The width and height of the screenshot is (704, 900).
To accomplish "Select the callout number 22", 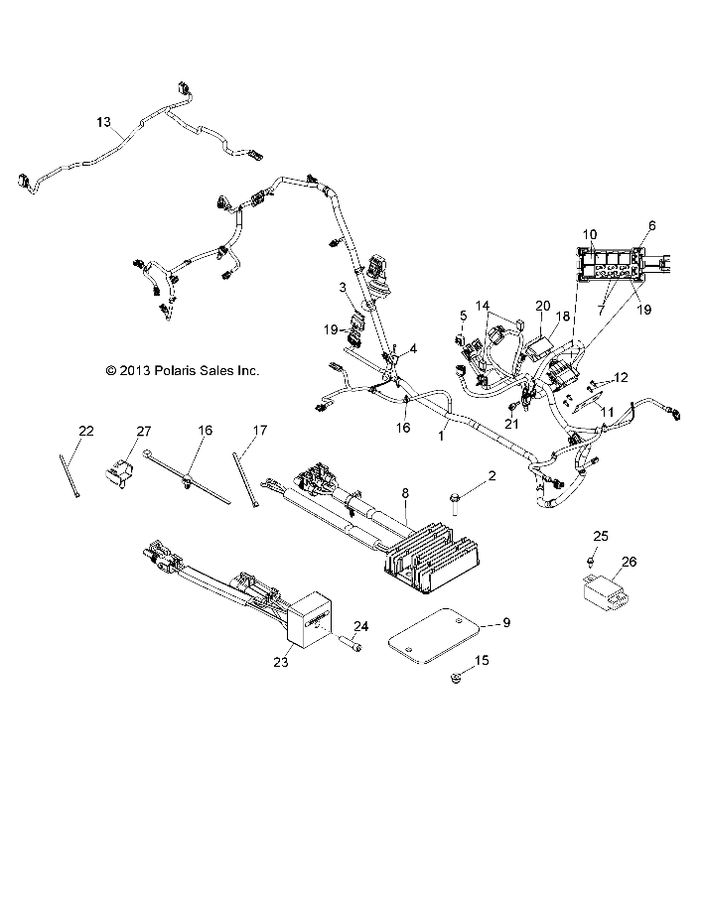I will click(x=86, y=430).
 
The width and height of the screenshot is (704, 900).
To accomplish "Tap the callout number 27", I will click(x=144, y=430).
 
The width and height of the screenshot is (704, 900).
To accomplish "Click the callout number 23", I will click(x=281, y=661).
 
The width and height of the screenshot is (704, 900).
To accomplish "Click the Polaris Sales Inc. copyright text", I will click(x=183, y=370).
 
